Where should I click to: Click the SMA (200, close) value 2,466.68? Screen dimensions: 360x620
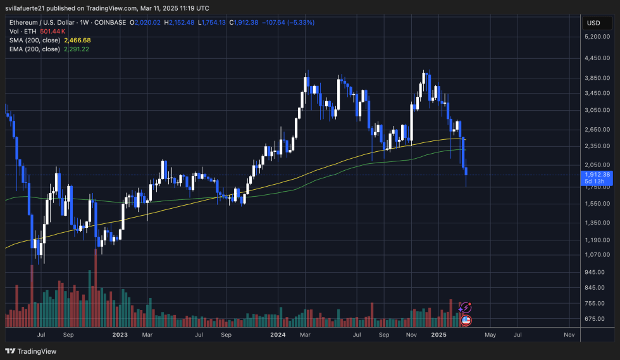point(77,40)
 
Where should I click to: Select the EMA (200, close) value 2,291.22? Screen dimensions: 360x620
point(77,49)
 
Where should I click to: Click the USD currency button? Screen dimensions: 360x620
point(593,23)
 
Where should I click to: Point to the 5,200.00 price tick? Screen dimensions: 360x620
point(597,37)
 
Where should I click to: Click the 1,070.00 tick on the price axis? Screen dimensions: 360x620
point(597,255)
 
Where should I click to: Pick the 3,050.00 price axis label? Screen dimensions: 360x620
point(597,110)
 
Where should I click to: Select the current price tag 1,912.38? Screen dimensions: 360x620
point(598,175)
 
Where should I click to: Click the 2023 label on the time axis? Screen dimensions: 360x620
point(120,334)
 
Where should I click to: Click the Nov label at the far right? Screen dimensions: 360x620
point(569,334)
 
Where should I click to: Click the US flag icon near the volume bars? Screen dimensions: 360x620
point(466,320)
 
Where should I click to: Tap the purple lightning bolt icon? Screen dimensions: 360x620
point(466,307)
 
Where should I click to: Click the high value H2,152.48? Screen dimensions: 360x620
point(179,23)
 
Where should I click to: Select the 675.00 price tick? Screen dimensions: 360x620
point(597,319)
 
